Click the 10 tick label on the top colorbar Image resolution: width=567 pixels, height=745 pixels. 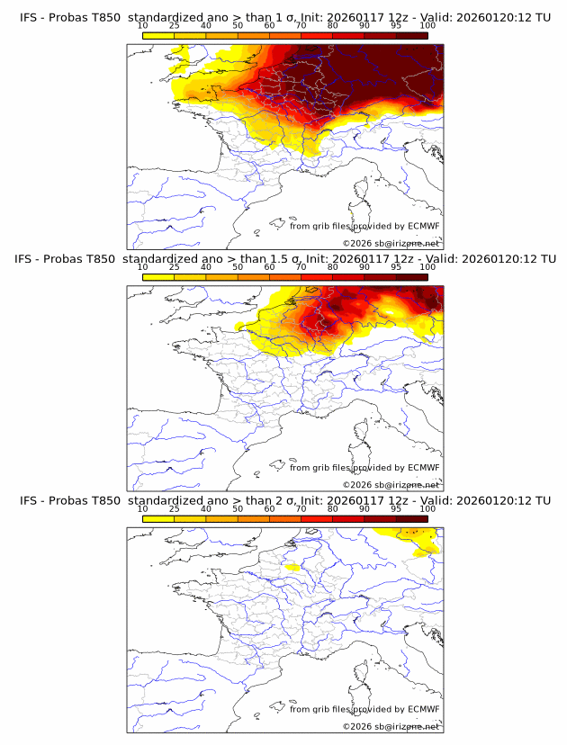(x=143, y=26)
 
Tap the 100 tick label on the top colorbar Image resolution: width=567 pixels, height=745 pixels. (x=427, y=26)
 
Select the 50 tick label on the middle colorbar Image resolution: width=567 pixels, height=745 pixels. (x=238, y=267)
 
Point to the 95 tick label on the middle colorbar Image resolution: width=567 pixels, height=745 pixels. (x=396, y=267)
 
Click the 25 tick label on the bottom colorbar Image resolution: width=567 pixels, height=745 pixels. (x=175, y=508)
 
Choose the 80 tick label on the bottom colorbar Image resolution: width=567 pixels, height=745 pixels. (x=333, y=508)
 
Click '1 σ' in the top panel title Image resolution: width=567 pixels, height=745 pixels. (x=287, y=17)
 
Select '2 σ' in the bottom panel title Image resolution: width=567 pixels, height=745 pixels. (x=287, y=499)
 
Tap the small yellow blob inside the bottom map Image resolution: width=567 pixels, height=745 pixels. (x=292, y=568)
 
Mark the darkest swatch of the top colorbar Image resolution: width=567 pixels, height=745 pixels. (x=412, y=35)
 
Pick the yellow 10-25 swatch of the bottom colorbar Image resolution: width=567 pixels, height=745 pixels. (x=158, y=517)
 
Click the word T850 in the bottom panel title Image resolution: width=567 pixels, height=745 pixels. (x=103, y=499)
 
